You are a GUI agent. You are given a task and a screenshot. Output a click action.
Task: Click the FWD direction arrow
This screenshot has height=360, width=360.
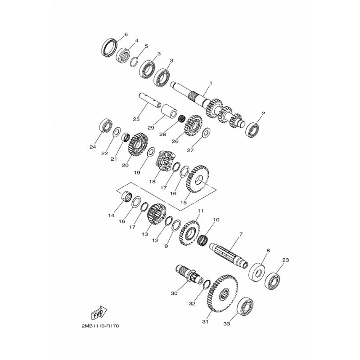[x=99, y=313]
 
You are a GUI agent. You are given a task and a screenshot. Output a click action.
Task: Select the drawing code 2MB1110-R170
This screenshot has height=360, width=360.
[x=100, y=326]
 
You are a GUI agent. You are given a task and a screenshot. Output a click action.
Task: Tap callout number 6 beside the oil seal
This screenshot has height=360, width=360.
[x=126, y=35]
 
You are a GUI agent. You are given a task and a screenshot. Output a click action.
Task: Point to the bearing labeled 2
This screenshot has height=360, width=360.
[x=252, y=130]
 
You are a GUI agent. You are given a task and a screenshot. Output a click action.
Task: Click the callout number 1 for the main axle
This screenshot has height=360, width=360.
[x=211, y=83]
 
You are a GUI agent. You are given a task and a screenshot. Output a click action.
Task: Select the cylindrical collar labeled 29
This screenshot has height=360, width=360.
[x=169, y=111]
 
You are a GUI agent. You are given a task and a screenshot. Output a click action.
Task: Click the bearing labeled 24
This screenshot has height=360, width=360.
[x=106, y=126]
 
